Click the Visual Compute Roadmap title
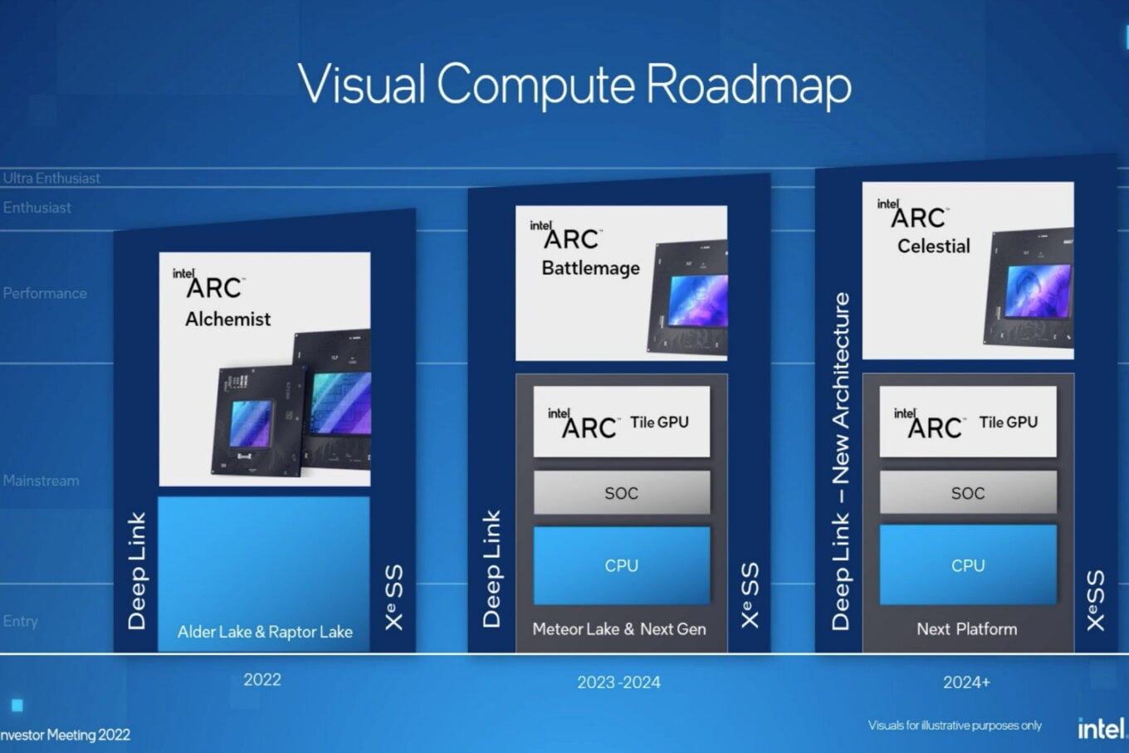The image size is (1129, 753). tap(574, 85)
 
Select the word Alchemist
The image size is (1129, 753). tap(227, 319)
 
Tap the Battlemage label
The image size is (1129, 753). tap(590, 268)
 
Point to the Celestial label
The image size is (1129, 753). tap(933, 246)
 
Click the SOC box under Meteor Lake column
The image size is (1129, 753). tap(621, 493)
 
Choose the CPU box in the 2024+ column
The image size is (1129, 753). tap(968, 565)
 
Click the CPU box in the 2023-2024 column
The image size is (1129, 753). tap(621, 565)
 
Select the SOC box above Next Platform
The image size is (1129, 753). tap(968, 493)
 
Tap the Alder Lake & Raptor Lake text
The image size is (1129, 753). tap(265, 632)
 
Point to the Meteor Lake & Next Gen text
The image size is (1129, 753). tap(619, 629)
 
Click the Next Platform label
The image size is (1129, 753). tap(966, 629)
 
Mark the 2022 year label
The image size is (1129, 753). tap(262, 680)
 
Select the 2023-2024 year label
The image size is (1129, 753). tap(619, 682)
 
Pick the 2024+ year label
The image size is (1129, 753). tap(966, 682)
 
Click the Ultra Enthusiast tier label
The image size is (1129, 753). tap(51, 178)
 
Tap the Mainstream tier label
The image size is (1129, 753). tap(42, 481)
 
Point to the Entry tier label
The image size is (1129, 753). tap(21, 621)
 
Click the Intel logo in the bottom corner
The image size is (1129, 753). tap(1101, 729)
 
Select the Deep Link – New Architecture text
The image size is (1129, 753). tap(841, 461)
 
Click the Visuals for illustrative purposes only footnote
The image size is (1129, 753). tap(955, 726)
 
